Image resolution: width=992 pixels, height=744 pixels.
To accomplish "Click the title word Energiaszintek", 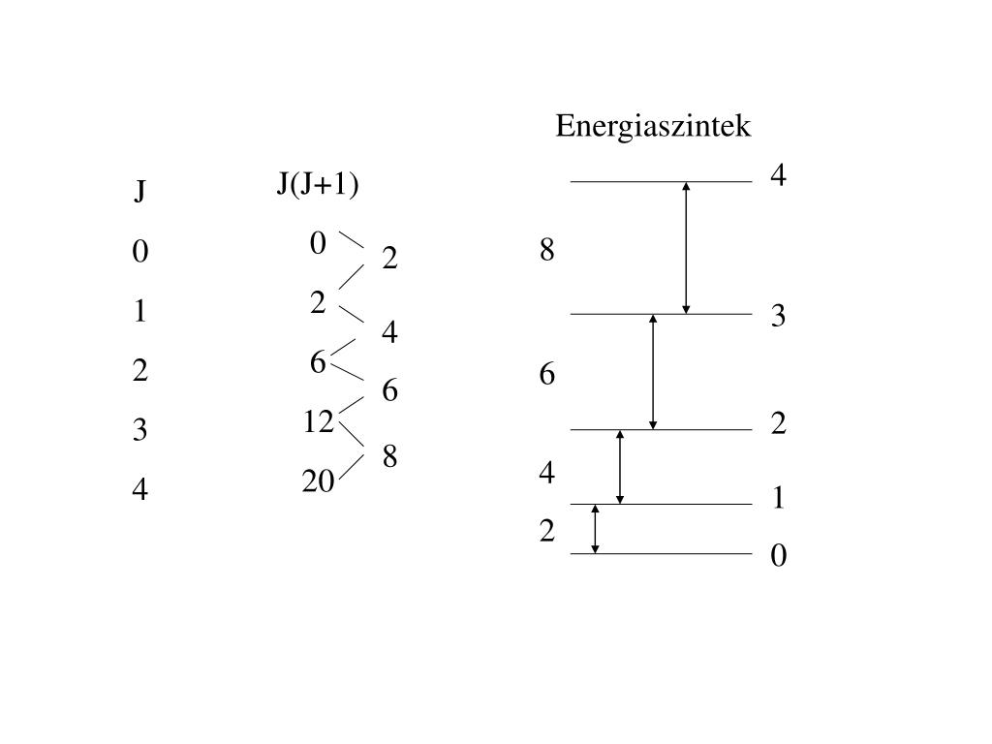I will [653, 126].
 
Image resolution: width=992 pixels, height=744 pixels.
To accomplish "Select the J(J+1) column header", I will [318, 183].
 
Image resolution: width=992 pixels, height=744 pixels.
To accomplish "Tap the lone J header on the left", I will [140, 192].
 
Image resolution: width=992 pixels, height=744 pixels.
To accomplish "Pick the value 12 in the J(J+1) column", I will [318, 421].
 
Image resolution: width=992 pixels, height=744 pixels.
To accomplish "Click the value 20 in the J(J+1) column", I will [318, 480].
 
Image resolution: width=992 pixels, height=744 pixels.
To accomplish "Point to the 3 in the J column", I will [140, 430].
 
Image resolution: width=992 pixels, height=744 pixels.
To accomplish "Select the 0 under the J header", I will [140, 252].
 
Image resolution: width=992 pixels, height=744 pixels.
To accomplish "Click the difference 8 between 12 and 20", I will [389, 455].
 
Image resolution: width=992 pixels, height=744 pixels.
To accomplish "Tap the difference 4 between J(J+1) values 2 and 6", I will [389, 332].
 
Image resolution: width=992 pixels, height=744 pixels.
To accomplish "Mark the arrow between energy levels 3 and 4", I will [686, 247].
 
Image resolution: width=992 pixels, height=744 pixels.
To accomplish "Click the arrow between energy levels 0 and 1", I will [596, 529].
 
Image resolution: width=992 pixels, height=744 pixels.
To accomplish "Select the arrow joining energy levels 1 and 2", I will [620, 467].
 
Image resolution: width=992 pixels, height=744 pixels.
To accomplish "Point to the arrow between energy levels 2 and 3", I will [653, 372].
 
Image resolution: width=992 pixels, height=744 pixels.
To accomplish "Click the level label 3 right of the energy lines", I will [778, 316].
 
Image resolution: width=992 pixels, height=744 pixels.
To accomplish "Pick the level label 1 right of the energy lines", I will [778, 498].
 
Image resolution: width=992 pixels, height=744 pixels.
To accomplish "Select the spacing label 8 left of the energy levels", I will [547, 250].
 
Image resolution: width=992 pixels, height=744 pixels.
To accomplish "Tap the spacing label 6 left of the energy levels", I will [547, 374].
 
